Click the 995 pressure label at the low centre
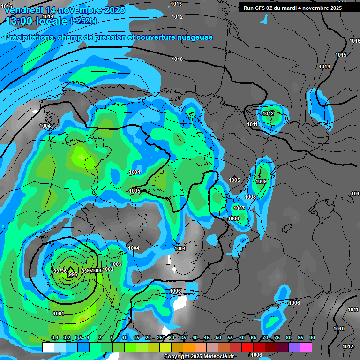pos(72,274)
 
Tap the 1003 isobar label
pos(116,264)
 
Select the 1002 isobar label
pos(108,269)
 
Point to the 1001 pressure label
pos(59,314)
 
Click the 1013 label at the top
pos(177,4)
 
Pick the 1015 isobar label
pos(341,55)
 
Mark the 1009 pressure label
pos(261,181)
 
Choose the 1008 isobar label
pos(250,197)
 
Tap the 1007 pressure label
pos(239,208)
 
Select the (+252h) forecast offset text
pos(83,21)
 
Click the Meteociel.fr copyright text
pos(200,357)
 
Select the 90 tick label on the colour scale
pos(312,337)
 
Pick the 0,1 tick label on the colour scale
pos(55,337)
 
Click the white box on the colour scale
pos(48,347)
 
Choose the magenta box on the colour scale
pos(306,347)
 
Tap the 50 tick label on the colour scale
pos(218,337)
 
